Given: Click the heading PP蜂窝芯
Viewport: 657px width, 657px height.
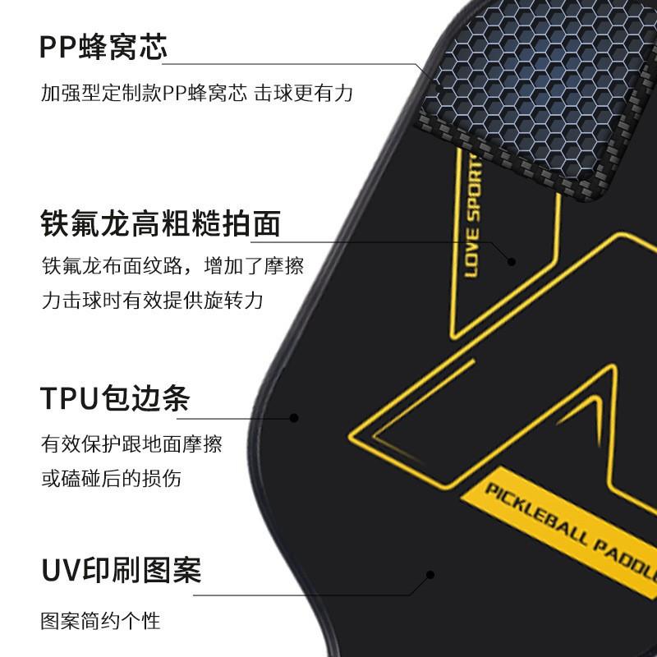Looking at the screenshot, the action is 103,47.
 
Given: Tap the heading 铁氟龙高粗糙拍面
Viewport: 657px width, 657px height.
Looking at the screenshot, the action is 161,223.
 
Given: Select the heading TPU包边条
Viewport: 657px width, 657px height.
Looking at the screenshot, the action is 115,398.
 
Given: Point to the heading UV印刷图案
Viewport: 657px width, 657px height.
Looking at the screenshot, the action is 121,569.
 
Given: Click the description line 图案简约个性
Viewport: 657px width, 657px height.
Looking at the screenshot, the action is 100,619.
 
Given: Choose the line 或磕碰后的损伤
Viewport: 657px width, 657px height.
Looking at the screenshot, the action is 111,478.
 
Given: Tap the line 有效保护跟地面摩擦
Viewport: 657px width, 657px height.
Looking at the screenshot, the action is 131,445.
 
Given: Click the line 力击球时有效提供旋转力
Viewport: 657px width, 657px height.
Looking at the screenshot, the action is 152,301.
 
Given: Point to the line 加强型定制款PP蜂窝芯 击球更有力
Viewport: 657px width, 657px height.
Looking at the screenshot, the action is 197,94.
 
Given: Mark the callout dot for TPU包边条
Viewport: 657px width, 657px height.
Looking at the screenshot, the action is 294,418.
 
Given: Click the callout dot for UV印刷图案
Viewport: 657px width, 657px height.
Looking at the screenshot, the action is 430,575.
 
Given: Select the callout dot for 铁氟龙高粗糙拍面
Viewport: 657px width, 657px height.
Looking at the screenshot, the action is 511,261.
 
